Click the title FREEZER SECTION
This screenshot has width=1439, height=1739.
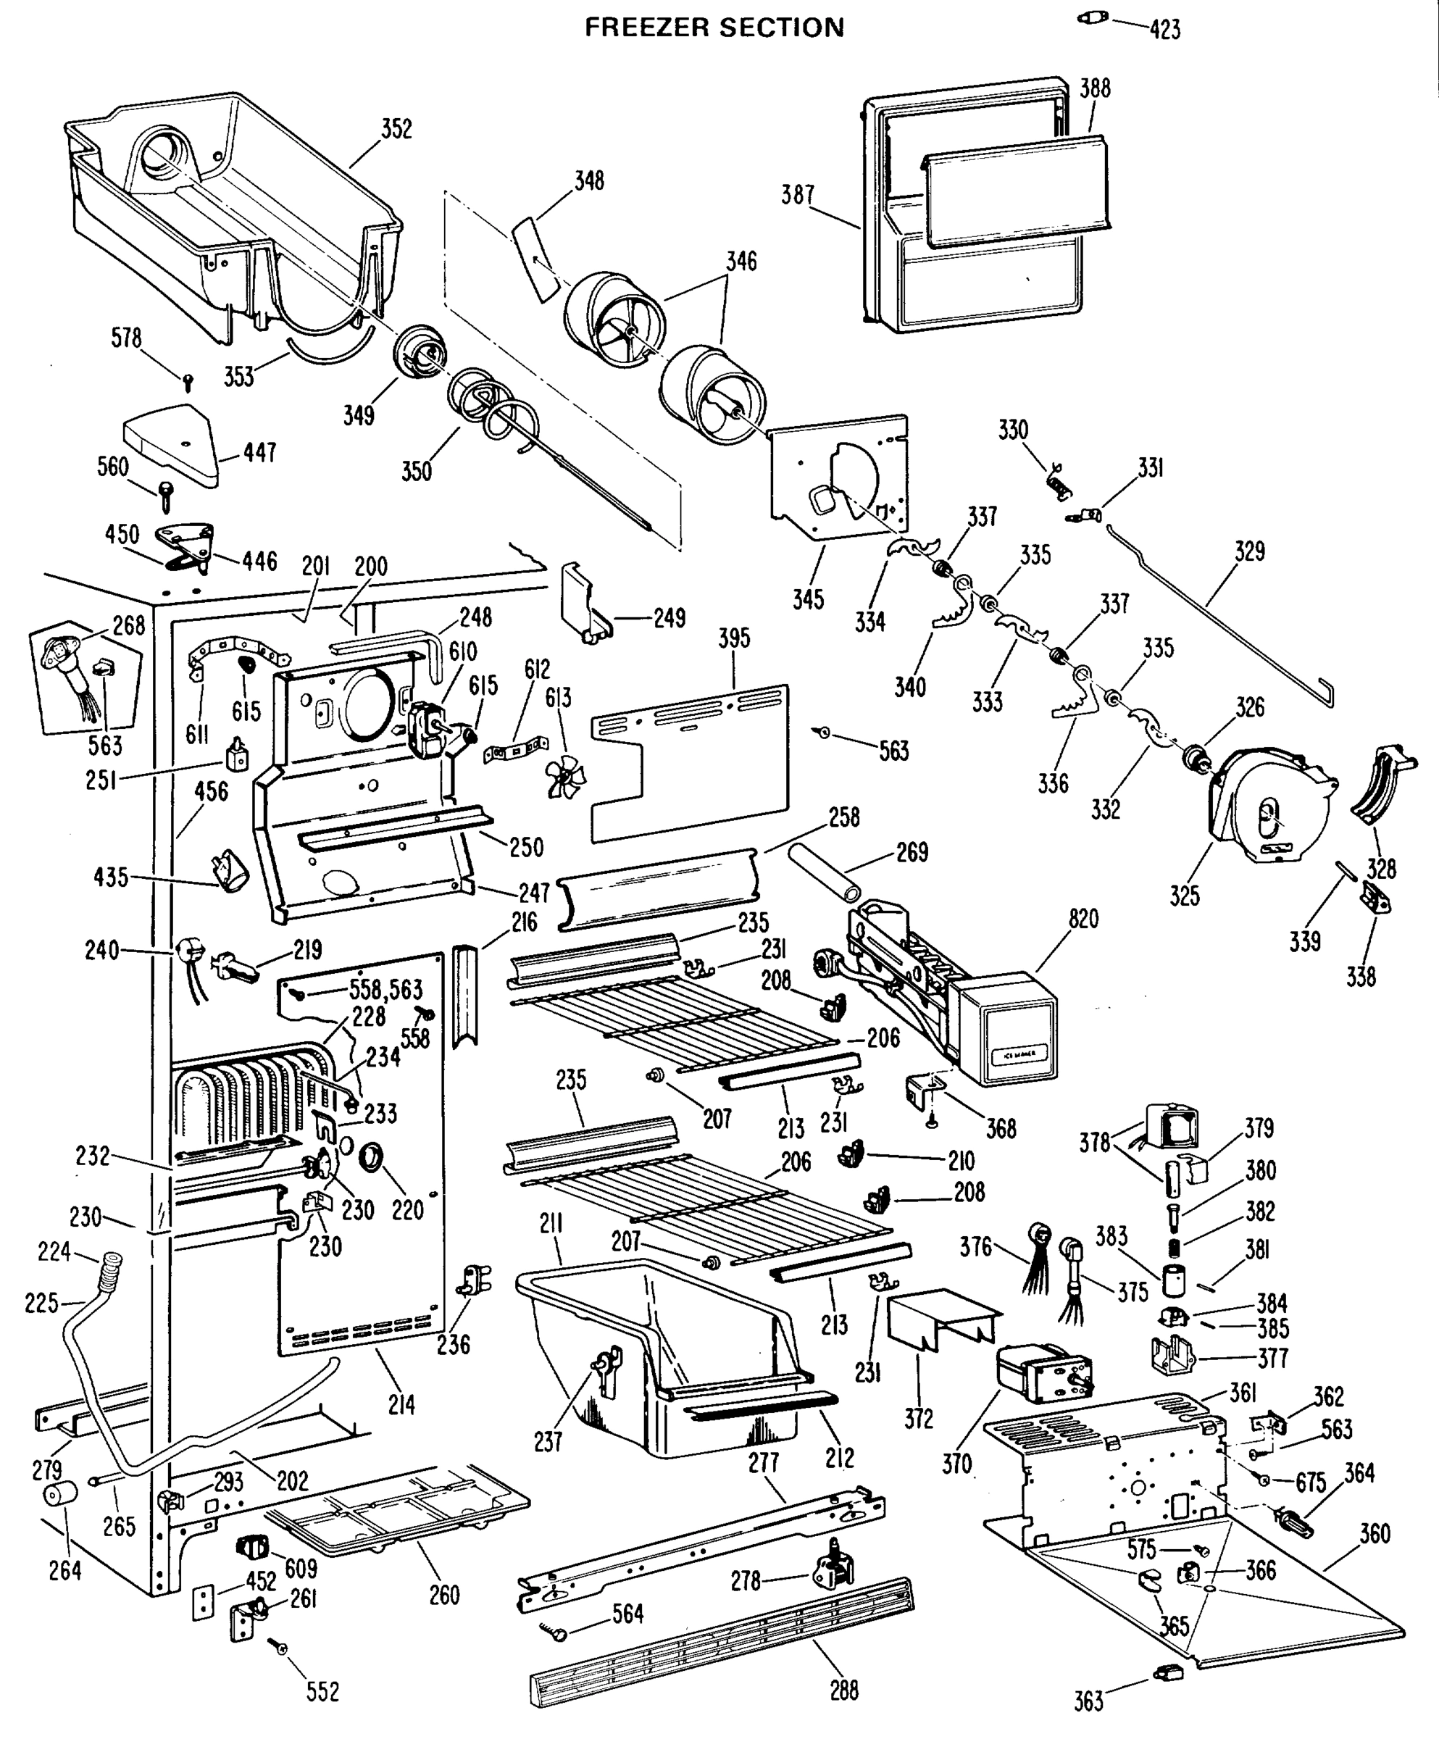714,28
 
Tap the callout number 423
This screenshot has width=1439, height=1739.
1164,30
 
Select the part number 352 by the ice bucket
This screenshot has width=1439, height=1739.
396,129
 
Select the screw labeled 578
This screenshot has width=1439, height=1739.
188,382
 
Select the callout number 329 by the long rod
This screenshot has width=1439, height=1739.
1248,551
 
